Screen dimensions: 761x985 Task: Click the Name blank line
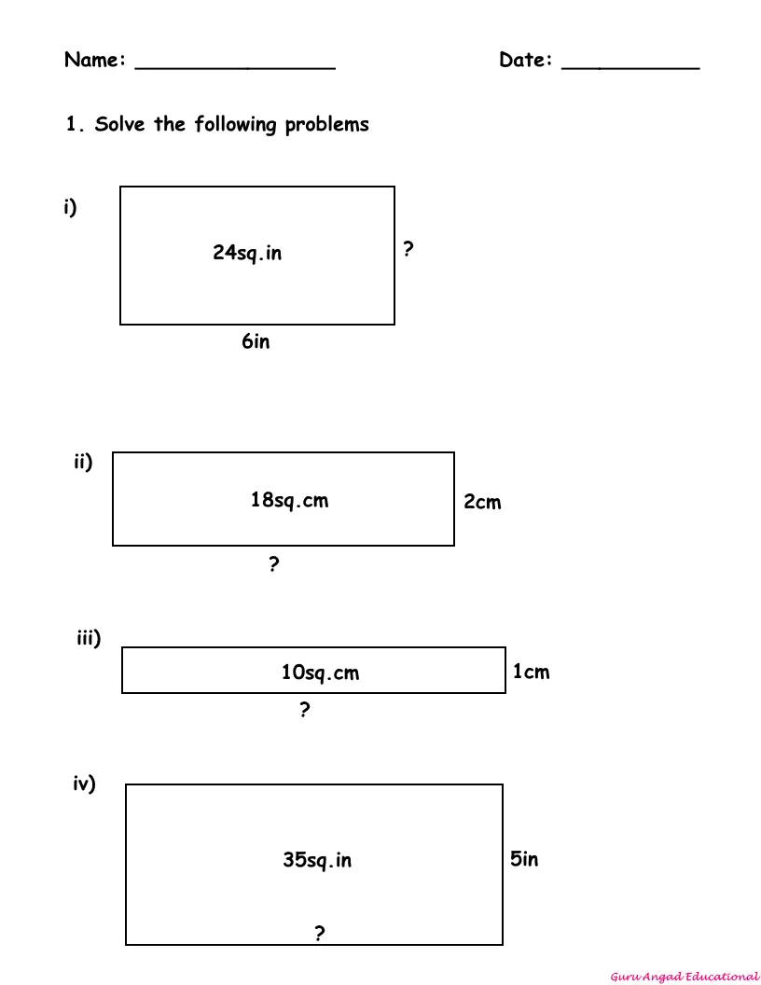235,68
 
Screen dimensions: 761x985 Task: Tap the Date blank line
630,68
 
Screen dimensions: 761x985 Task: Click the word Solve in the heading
120,124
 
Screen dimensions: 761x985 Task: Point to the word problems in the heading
326,125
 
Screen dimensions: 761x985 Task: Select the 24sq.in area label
247,253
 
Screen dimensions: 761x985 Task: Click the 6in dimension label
256,341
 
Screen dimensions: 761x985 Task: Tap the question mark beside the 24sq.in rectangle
408,249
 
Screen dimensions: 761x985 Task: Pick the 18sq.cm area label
289,500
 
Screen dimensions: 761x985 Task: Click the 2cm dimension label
482,502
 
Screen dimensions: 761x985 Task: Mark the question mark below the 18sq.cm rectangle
274,564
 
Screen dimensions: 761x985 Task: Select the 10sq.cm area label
320,673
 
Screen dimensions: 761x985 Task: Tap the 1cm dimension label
532,672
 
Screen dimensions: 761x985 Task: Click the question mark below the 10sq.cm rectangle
305,709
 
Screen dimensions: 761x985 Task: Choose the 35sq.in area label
317,859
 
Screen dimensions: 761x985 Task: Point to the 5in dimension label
524,859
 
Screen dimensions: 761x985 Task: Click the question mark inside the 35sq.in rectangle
320,934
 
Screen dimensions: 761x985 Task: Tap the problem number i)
70,207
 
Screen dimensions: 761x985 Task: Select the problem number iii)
89,638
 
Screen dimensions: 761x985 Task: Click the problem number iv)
84,784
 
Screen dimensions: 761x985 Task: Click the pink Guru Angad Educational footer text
685,977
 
